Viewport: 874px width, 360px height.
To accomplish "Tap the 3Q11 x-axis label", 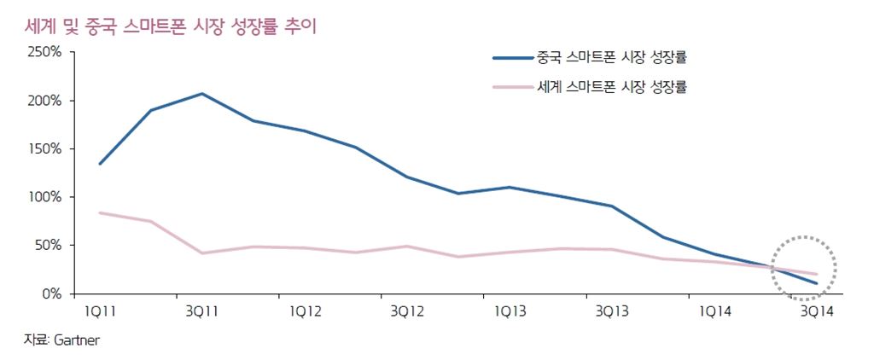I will pyautogui.click(x=202, y=311).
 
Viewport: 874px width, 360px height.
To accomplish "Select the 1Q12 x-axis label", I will pyautogui.click(x=305, y=311).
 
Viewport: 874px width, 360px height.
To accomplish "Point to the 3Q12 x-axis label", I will pyautogui.click(x=407, y=311).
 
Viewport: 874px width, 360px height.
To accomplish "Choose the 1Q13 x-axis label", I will pyautogui.click(x=510, y=311).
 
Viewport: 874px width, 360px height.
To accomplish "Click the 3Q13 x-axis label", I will pyautogui.click(x=612, y=311).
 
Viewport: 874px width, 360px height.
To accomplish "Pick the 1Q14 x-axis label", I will pyautogui.click(x=714, y=311).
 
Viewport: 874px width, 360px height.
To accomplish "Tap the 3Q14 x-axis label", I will pyautogui.click(x=817, y=311).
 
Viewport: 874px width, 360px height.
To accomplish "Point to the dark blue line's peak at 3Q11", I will pyautogui.click(x=202, y=93).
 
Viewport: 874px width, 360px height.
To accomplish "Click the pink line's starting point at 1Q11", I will pyautogui.click(x=100, y=212).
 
